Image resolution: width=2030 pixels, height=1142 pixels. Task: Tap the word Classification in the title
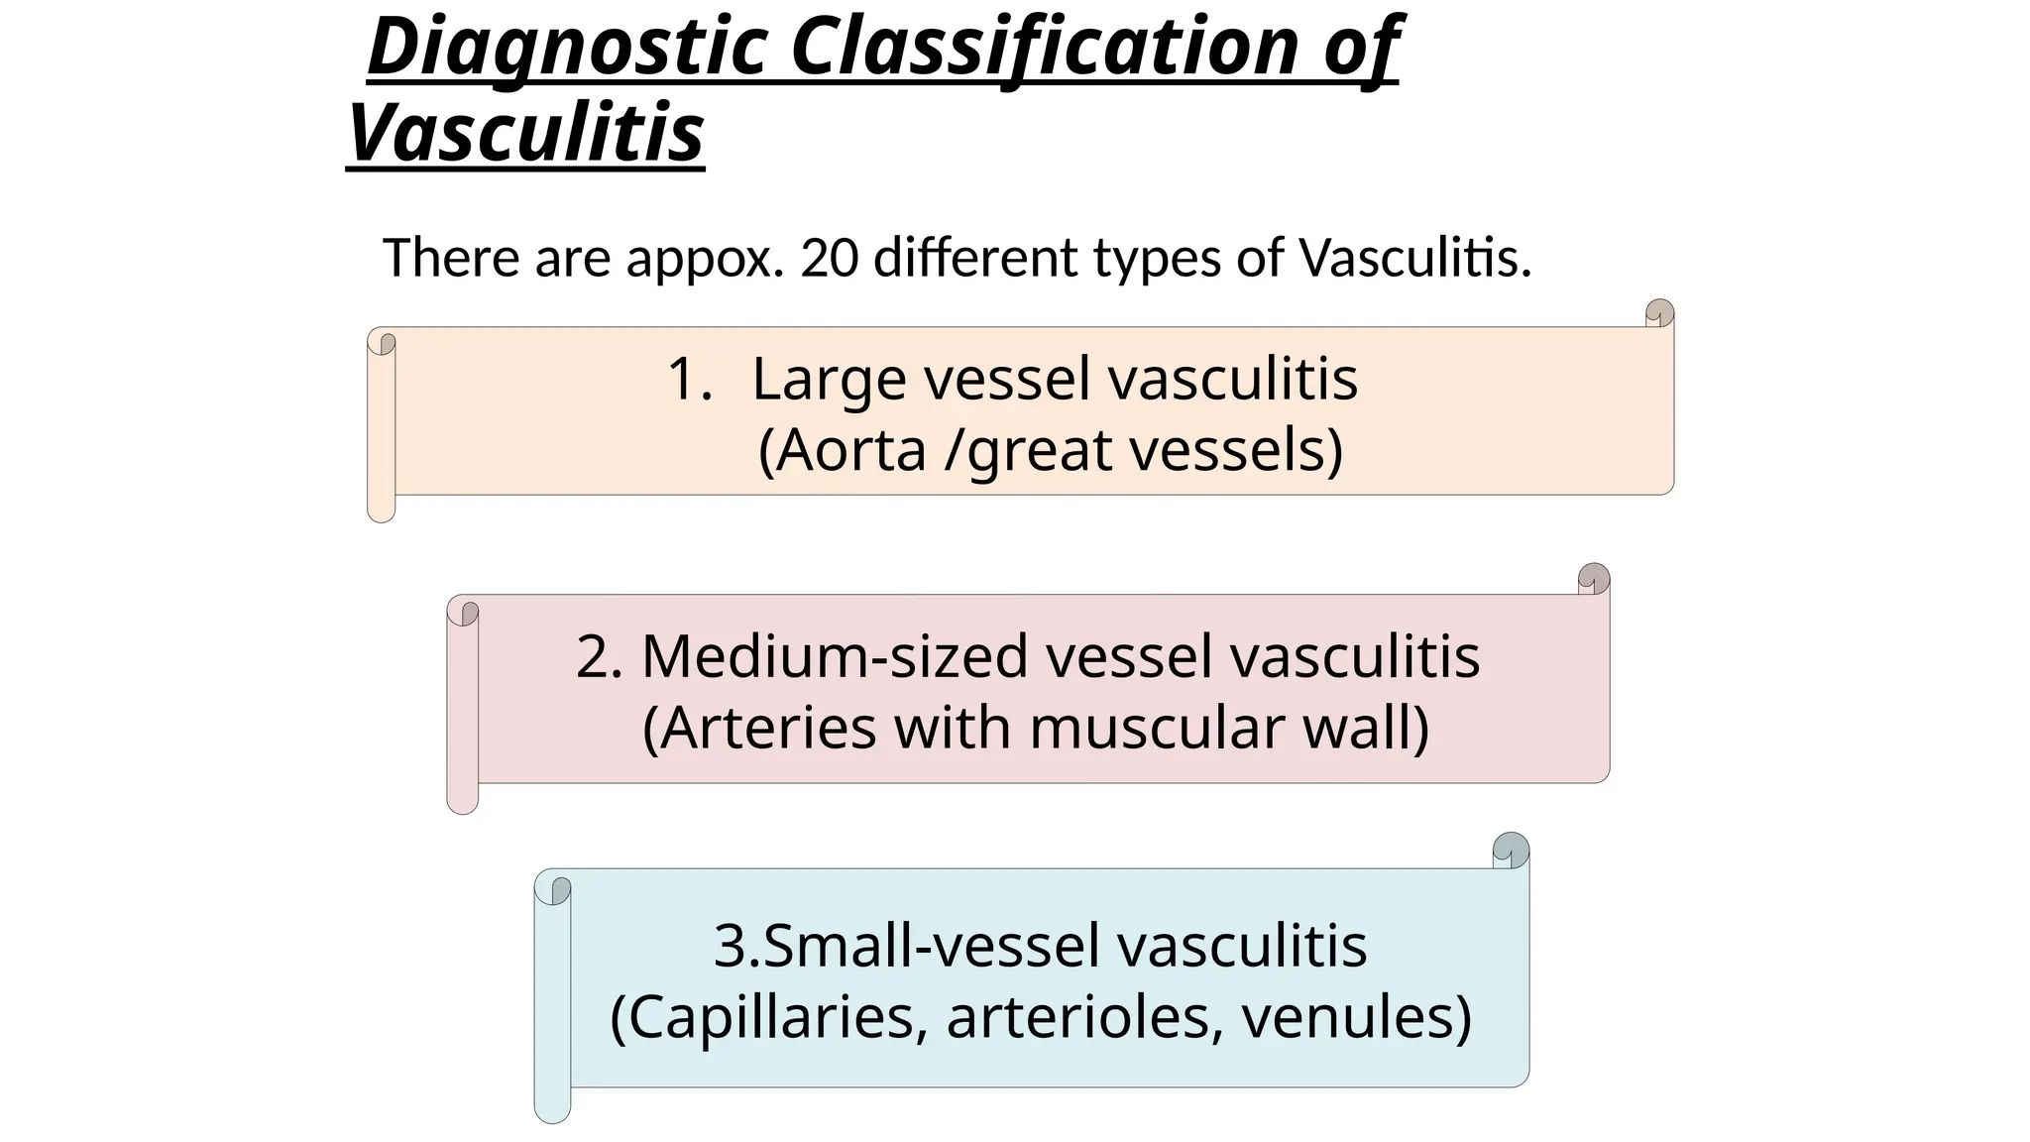point(1045,48)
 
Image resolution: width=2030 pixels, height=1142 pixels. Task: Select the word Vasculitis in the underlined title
point(526,133)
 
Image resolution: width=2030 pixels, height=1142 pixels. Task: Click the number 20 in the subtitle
point(829,258)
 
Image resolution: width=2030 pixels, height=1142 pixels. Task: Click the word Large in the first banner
point(829,380)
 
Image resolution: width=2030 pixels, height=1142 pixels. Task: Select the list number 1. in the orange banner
point(690,379)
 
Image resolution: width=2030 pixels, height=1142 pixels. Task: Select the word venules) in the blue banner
point(1357,1017)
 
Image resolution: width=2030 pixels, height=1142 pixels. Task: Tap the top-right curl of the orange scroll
point(1659,314)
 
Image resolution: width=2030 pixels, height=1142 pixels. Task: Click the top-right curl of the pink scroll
point(1594,579)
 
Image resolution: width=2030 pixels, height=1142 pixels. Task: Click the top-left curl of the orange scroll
point(383,343)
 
